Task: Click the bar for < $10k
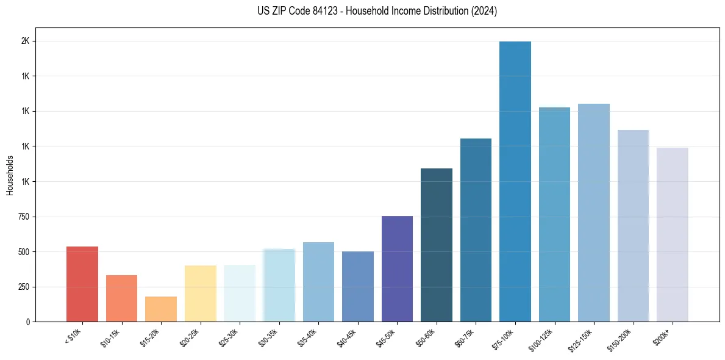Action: (x=82, y=284)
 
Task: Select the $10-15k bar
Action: (x=121, y=298)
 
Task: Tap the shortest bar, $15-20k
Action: (x=160, y=309)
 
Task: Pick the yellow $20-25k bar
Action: (x=200, y=293)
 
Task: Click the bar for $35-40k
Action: (x=318, y=282)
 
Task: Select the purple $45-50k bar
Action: (x=397, y=268)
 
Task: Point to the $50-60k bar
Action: (x=437, y=245)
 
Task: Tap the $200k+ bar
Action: (x=673, y=234)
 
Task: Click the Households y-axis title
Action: (x=10, y=175)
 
